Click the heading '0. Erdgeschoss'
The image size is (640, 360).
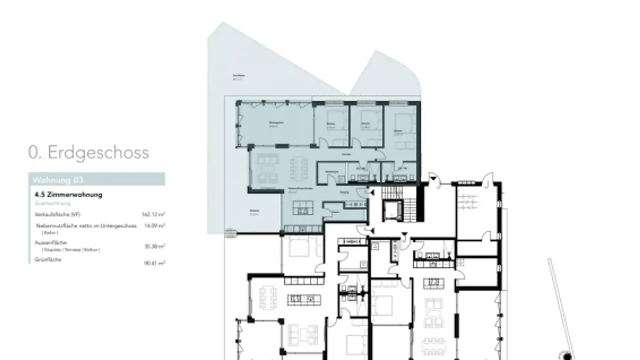pyautogui.click(x=88, y=152)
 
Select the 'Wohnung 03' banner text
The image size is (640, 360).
pyautogui.click(x=58, y=180)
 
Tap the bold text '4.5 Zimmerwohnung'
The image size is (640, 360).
pyautogui.click(x=68, y=195)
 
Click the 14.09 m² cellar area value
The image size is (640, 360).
pyautogui.click(x=154, y=226)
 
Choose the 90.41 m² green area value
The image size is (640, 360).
pyautogui.click(x=154, y=263)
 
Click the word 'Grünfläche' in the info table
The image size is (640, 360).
pyautogui.click(x=48, y=260)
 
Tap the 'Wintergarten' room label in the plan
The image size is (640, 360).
pyautogui.click(x=276, y=124)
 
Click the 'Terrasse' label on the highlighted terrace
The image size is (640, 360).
pyautogui.click(x=254, y=212)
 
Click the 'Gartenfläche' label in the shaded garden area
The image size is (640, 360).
pyautogui.click(x=239, y=76)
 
